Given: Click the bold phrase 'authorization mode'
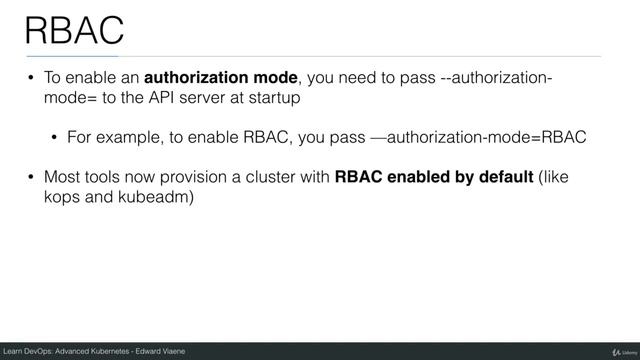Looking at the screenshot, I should (222, 79).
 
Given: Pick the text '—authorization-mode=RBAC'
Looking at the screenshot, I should (478, 137).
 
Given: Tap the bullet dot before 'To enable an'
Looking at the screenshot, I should (31, 80).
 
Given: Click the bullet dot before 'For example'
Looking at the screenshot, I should (56, 138).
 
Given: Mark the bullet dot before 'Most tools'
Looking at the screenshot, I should (31, 179).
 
